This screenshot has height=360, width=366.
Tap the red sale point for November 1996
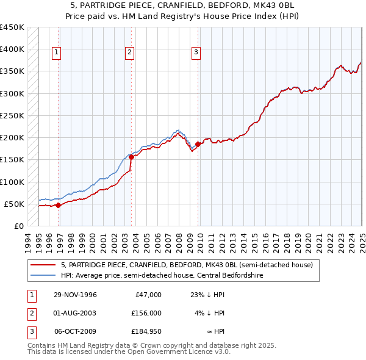[59, 206]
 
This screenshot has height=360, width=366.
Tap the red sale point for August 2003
[132, 157]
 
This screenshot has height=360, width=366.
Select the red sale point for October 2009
[198, 144]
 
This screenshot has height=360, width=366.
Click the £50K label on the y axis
[15, 204]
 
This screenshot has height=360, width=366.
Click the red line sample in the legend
[43, 265]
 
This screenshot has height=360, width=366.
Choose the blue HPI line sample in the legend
[43, 275]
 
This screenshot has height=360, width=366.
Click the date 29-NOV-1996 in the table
[75, 295]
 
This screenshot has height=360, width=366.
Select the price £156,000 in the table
[146, 313]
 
